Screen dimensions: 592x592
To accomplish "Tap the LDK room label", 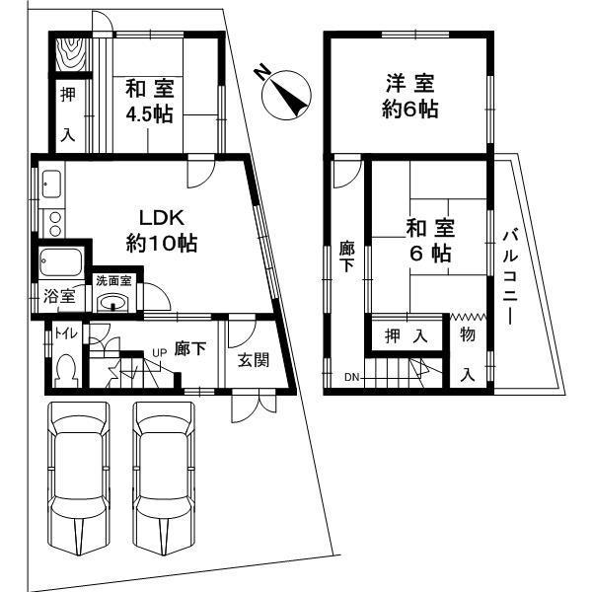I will coord(162,230).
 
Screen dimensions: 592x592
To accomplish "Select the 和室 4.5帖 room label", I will coord(150,101).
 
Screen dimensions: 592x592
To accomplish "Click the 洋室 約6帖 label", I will coord(410,96).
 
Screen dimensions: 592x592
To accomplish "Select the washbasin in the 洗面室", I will coord(114,303).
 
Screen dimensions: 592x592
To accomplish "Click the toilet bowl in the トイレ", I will coord(66,371).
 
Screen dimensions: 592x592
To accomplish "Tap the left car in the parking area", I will coord(77,479).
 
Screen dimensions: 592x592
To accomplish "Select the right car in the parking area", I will coord(163,479).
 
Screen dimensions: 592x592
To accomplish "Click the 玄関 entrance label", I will coord(254,360).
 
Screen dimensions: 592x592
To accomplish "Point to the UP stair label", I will coord(159,352).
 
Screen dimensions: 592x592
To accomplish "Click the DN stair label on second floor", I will coord(352,377).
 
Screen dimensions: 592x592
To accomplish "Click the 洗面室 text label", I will coord(113,281).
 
